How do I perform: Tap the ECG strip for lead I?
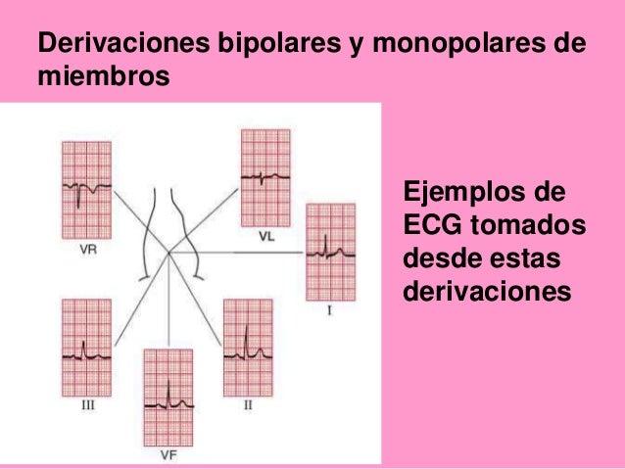(330, 252)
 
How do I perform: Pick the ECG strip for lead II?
(248, 347)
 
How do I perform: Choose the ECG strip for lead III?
(86, 347)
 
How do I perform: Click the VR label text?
(88, 249)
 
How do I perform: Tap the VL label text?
(266, 236)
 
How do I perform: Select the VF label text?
(168, 453)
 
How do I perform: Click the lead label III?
(87, 403)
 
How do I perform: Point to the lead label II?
(248, 403)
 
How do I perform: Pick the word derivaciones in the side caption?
(485, 292)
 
